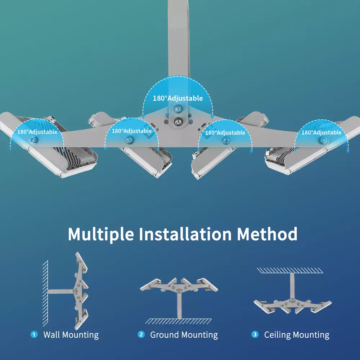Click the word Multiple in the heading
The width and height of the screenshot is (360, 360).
pos(101,235)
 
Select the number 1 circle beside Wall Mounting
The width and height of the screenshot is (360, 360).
pos(34,334)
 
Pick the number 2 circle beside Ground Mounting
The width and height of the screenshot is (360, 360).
pos(141,334)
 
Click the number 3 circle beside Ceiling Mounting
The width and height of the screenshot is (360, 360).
pos(255,334)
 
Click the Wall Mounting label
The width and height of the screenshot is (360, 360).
pos(71,335)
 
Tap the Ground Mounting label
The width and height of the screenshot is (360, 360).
pos(184,335)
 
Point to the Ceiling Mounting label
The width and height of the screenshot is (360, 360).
pos(297,335)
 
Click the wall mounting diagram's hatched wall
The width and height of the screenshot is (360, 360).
pos(45,293)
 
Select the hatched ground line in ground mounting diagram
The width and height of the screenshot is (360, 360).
pos(179,321)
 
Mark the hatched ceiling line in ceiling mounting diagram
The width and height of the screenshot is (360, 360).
pos(290,270)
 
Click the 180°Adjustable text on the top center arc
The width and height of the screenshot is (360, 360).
pos(178,98)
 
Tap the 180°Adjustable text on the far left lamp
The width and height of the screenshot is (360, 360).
pos(37,132)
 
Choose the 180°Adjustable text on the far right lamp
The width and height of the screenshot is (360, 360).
pos(321,132)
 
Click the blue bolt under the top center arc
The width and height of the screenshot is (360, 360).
pos(178,109)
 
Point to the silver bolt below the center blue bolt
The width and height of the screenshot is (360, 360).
pos(178,121)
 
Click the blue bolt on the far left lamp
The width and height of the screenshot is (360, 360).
pos(33,140)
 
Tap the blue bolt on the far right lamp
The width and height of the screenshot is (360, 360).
pos(323,140)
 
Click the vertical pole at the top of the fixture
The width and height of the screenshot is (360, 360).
pos(179,39)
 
